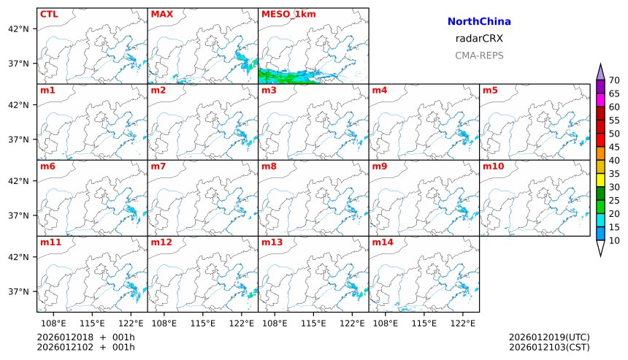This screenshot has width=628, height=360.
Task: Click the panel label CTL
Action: pyautogui.click(x=49, y=14)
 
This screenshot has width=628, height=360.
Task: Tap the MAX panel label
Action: pyautogui.click(x=161, y=14)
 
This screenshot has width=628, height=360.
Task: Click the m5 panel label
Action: pyautogui.click(x=489, y=91)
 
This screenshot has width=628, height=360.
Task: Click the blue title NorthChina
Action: pyautogui.click(x=479, y=22)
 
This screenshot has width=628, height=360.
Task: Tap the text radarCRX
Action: pyautogui.click(x=479, y=39)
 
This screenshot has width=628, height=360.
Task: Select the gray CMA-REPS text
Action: pyautogui.click(x=479, y=55)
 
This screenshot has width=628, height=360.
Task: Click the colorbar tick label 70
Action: pyautogui.click(x=614, y=80)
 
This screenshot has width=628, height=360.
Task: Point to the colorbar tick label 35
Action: pyautogui.click(x=614, y=174)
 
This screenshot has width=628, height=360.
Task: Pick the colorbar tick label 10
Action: pyautogui.click(x=614, y=240)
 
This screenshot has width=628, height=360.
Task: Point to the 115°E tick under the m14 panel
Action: pyautogui.click(x=424, y=322)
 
